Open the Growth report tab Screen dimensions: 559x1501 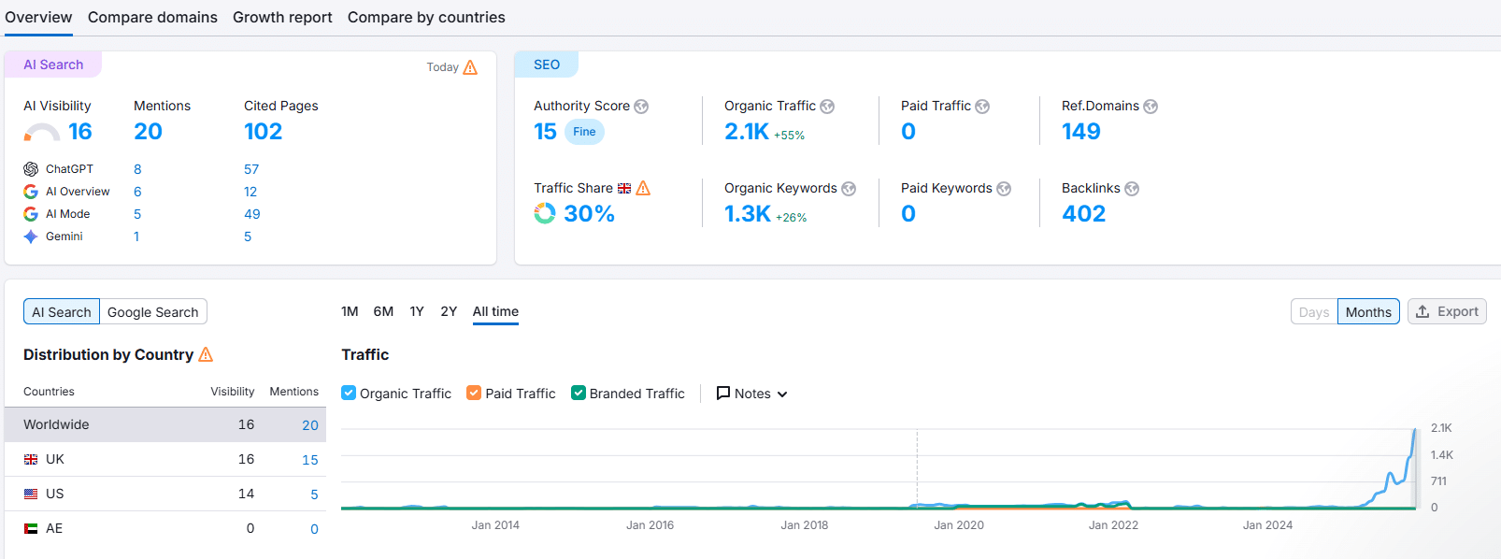tap(282, 17)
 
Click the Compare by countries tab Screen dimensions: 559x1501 tap(426, 17)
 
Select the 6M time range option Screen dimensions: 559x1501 tap(383, 311)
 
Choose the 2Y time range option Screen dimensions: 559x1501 tap(449, 311)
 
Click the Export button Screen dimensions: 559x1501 tap(1447, 311)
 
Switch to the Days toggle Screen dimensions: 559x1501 tap(1313, 312)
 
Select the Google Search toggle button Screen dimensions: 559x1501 tap(152, 312)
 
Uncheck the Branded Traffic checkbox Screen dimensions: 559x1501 tap(579, 394)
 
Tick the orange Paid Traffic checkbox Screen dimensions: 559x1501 tap(474, 394)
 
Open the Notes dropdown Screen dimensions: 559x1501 tap(751, 394)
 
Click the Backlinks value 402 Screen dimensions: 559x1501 tap(1083, 214)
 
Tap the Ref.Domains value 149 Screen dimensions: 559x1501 tap(1080, 132)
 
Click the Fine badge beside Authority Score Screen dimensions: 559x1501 tap(584, 132)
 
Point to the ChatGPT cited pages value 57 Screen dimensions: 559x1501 tap(251, 169)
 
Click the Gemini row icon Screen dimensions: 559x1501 tap(31, 236)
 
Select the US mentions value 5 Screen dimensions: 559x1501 tap(314, 494)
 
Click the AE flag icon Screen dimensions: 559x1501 tap(31, 528)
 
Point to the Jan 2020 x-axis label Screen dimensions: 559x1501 tap(958, 525)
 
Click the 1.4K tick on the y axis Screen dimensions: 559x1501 tap(1441, 455)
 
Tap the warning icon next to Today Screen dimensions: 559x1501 tap(470, 67)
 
